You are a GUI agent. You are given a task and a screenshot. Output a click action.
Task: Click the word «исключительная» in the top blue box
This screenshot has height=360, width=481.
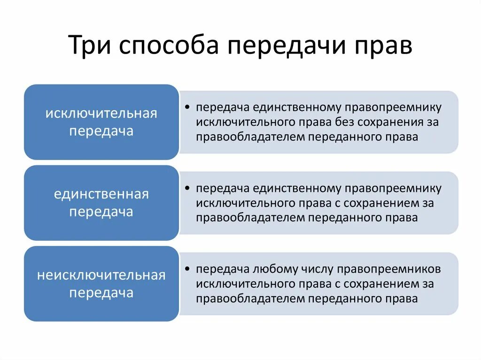pos(101,114)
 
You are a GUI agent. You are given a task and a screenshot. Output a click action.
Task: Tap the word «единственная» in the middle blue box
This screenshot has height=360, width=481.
pos(101,194)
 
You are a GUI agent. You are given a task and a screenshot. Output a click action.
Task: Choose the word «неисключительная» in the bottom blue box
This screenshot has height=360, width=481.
pos(101,275)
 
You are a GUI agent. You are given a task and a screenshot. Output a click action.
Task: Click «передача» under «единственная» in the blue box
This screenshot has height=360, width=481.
pos(101,212)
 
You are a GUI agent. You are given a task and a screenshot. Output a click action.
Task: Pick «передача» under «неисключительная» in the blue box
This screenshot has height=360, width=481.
pos(101,292)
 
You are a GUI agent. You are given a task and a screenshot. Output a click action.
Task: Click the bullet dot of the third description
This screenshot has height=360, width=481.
pos(187,269)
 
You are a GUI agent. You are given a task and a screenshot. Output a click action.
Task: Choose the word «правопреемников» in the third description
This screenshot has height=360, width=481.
pos(393,269)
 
